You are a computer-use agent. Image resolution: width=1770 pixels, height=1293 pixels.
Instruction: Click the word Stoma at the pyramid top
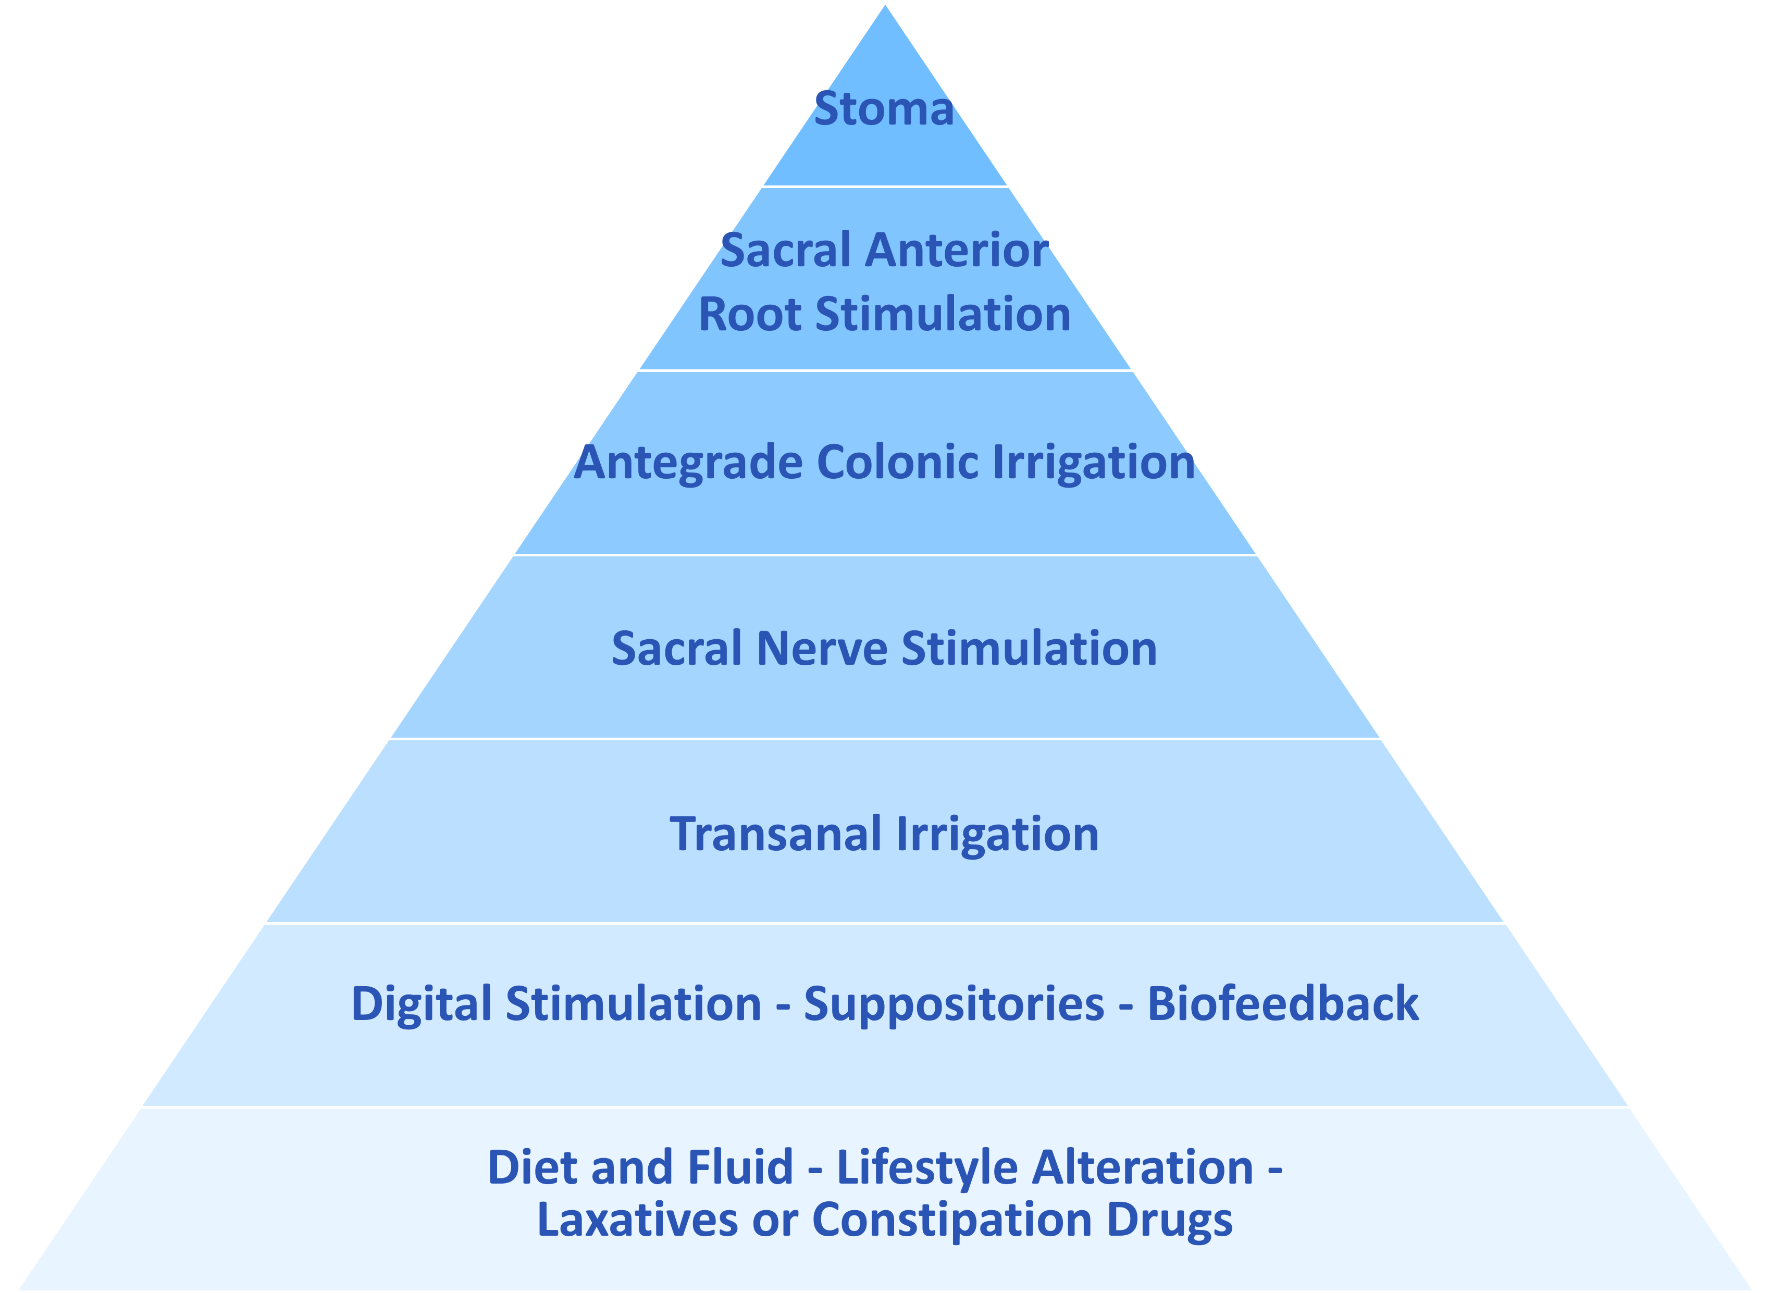[884, 109]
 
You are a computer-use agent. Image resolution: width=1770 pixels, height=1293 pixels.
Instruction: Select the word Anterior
[957, 251]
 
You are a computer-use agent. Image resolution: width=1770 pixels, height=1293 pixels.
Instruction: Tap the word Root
[749, 315]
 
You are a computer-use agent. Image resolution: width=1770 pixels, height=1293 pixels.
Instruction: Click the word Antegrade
[688, 463]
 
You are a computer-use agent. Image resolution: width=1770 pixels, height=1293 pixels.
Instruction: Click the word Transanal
[775, 835]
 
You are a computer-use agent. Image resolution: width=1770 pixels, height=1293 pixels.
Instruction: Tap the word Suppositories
[954, 1004]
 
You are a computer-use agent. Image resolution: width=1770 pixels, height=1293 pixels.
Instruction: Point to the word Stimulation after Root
[943, 315]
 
